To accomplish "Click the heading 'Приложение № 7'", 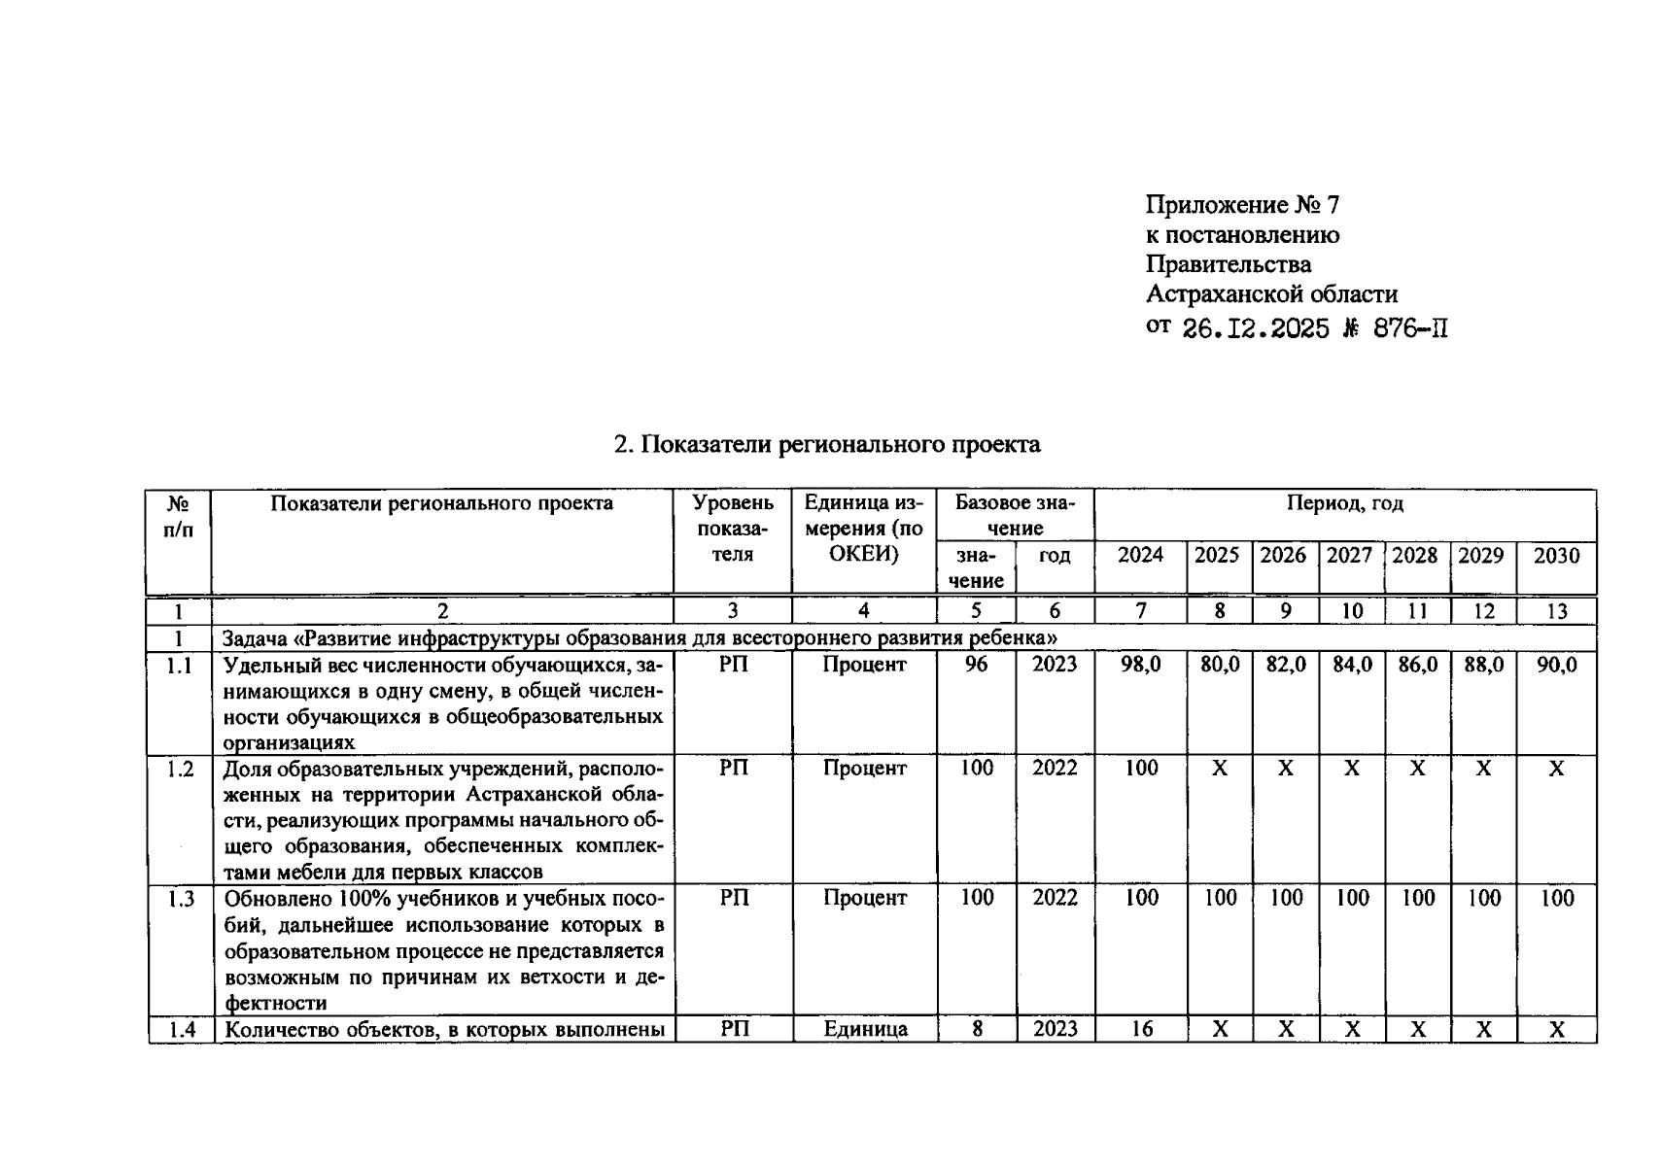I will (1241, 205).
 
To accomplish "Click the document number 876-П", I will (1409, 329).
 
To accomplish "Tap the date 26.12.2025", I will (1255, 329).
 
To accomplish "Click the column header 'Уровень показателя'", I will (733, 529).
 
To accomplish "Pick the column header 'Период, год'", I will (1344, 503).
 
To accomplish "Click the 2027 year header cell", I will (1350, 556).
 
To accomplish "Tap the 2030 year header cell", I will (1556, 556).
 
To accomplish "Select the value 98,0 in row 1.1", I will (1140, 666).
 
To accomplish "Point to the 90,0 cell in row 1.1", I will (1556, 666).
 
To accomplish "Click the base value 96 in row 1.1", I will (976, 666).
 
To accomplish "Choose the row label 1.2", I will (179, 770).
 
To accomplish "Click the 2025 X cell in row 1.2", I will (1219, 770).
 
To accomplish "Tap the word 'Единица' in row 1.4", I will (864, 1029).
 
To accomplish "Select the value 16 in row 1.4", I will (1141, 1029).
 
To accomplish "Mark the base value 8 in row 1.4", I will (977, 1029).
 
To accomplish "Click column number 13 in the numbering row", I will (1556, 611).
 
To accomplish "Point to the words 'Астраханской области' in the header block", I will (1270, 294).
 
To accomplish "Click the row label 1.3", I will (179, 899).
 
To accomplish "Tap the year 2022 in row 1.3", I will (1055, 899).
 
